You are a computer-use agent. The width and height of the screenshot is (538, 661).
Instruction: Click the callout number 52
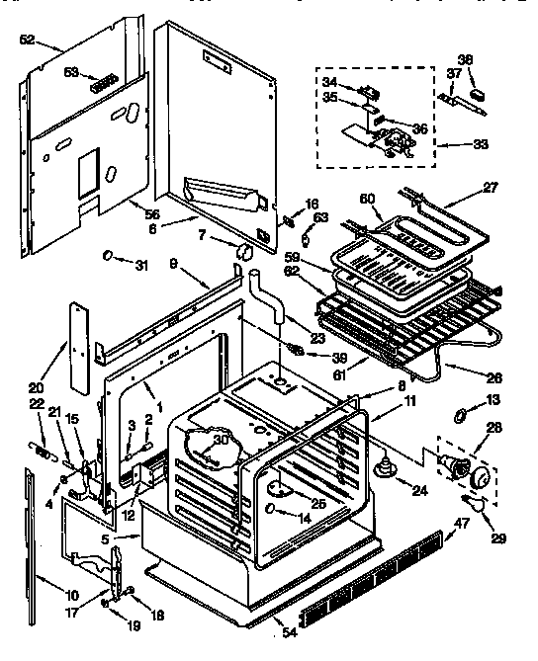pyautogui.click(x=27, y=41)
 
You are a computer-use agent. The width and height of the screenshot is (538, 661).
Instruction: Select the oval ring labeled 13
pyautogui.click(x=462, y=412)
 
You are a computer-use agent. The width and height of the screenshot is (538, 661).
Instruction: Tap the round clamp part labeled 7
pyautogui.click(x=240, y=254)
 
